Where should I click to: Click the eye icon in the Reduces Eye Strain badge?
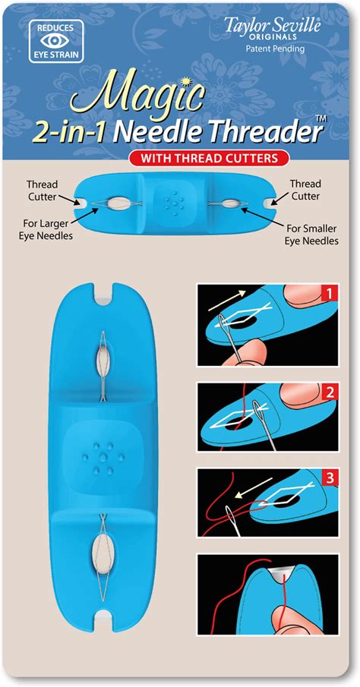(x=55, y=41)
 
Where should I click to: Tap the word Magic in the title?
(x=137, y=96)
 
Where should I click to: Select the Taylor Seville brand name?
(x=273, y=27)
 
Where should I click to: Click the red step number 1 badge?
(x=328, y=295)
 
